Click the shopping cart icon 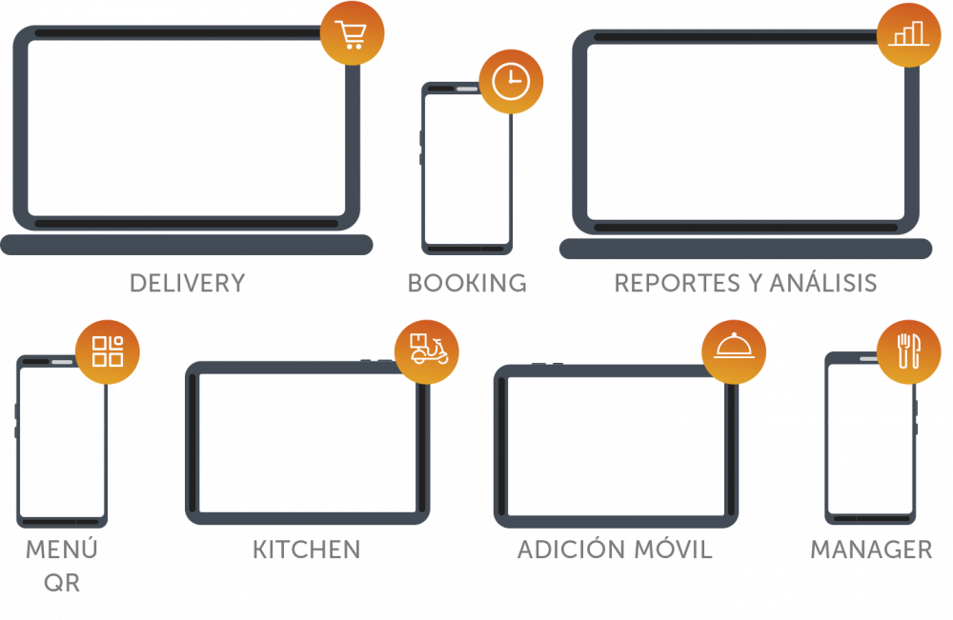coord(353,34)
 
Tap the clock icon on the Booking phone coord(511,82)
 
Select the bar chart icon coord(908,34)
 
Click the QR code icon coord(108,351)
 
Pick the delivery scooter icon coord(427,350)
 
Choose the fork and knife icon coord(908,351)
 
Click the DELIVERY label coord(188,284)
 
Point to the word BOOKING coord(467,284)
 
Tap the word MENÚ coord(62,550)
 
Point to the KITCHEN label coord(306,550)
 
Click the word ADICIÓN coord(575,550)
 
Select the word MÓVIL coord(678,550)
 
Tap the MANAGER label coord(871,550)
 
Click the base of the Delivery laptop coord(187,245)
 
